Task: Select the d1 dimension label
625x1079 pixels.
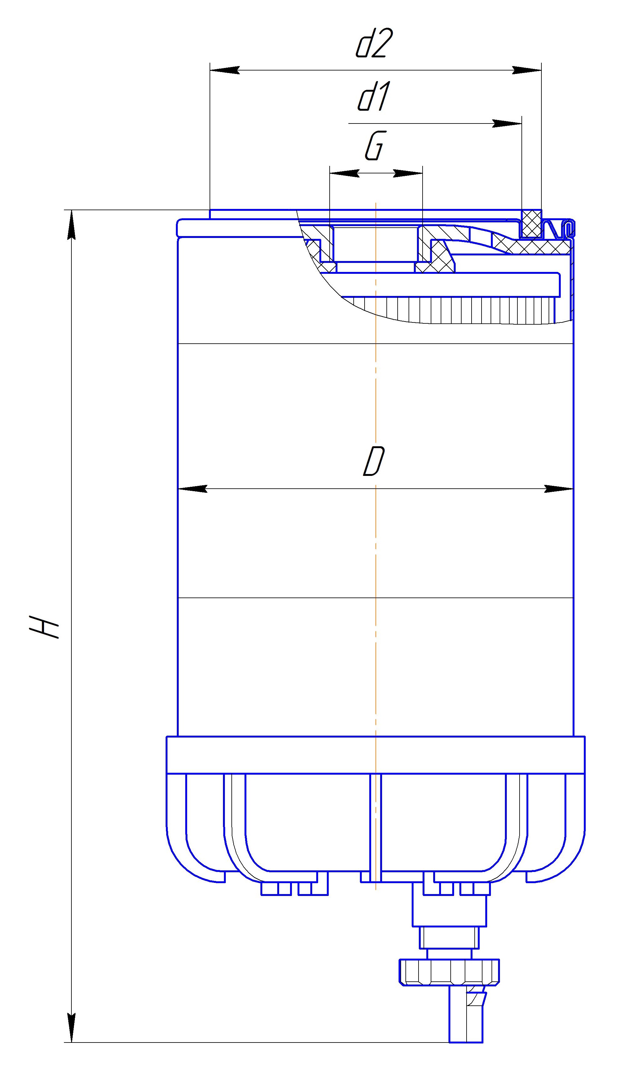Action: click(373, 97)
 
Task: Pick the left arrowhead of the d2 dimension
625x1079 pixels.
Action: click(225, 70)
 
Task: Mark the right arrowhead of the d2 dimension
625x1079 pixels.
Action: click(526, 70)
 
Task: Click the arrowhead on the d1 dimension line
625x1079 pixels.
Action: click(507, 123)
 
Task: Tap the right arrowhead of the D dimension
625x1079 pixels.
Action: click(559, 489)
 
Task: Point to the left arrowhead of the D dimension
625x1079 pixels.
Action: click(193, 489)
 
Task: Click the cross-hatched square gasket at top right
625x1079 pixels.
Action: click(531, 224)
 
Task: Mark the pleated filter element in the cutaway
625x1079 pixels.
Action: click(454, 310)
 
